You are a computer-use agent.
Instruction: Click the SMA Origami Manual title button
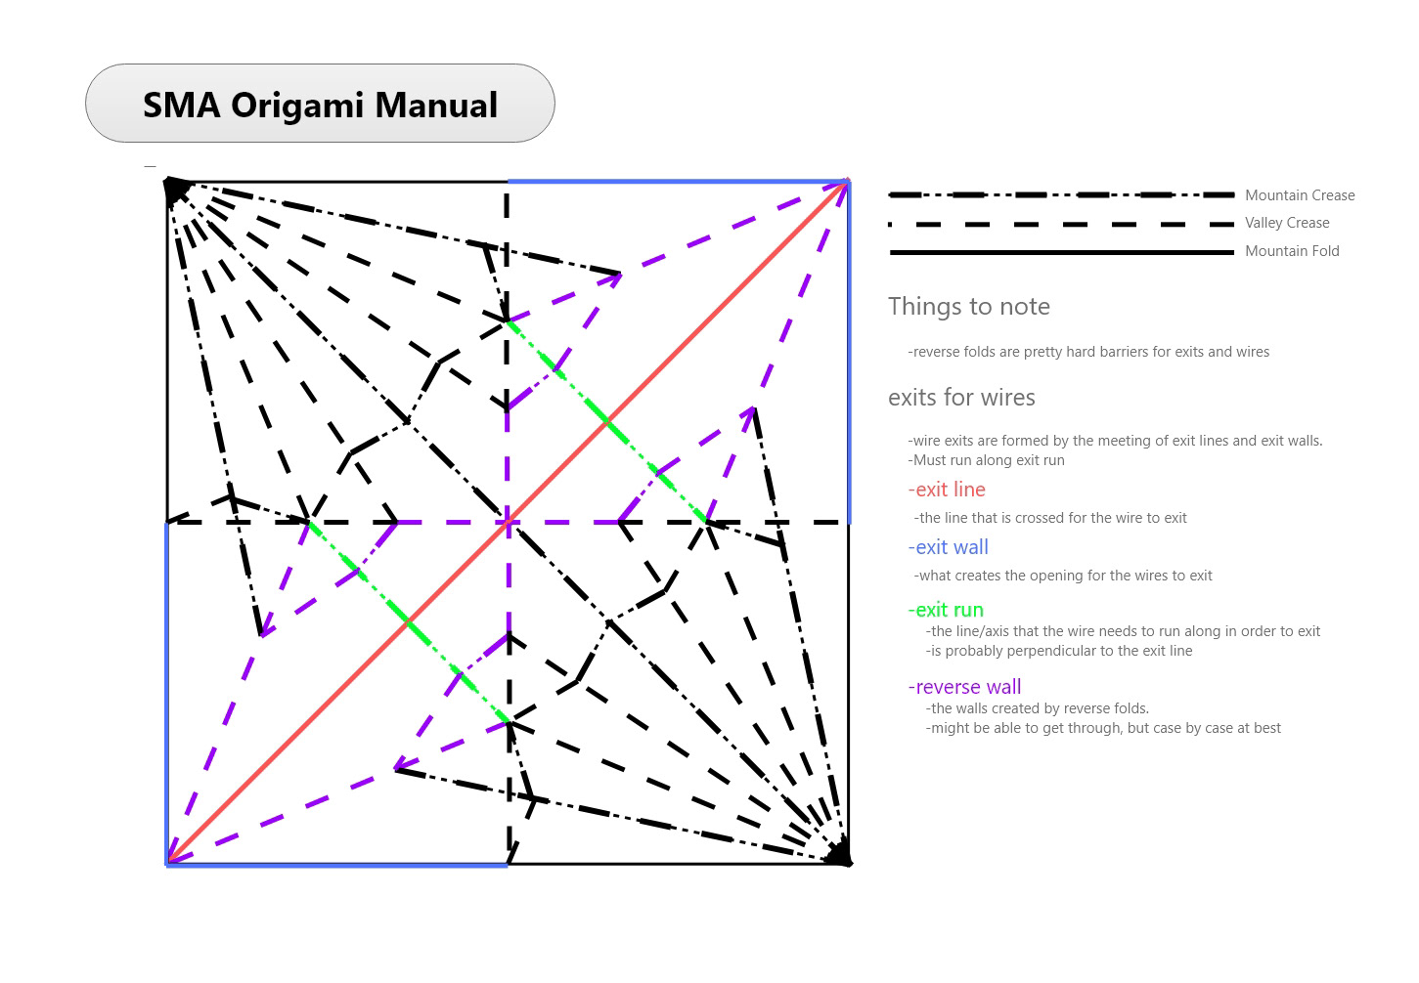tap(320, 104)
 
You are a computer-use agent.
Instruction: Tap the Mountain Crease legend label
tap(1300, 195)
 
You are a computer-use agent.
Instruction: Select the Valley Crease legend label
tap(1287, 223)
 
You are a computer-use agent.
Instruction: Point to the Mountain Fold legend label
tap(1292, 251)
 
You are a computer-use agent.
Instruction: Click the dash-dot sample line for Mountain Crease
tap(1061, 195)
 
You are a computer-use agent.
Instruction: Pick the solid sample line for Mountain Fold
tap(1061, 253)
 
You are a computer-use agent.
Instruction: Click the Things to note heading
tap(968, 307)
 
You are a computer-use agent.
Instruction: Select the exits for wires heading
tap(961, 398)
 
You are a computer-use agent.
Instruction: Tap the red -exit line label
tap(947, 490)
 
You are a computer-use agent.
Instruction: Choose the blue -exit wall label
tap(948, 547)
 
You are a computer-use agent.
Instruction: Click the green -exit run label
tap(946, 610)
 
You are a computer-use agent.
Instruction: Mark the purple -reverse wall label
tap(964, 687)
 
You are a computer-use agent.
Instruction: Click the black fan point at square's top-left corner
tap(175, 189)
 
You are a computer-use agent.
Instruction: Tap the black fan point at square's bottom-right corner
tap(839, 855)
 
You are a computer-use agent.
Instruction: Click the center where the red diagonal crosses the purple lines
tap(508, 523)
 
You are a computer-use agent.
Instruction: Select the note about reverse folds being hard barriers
tap(1088, 352)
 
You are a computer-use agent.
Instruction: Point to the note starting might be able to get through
tap(1103, 728)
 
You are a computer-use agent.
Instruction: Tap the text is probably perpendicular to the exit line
tap(1059, 651)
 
